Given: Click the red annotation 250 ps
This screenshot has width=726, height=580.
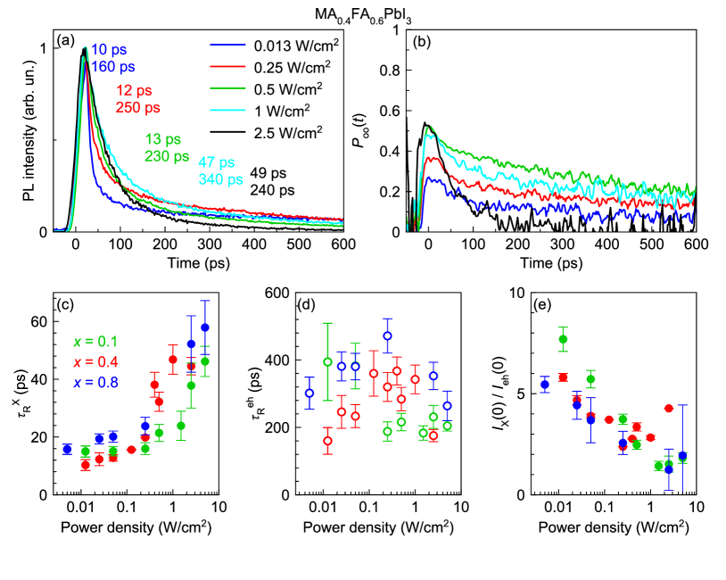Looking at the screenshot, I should pyautogui.click(x=138, y=108).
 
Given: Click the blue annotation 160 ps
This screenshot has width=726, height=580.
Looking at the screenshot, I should pyautogui.click(x=113, y=66).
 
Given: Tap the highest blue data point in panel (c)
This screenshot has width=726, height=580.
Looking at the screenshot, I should pyautogui.click(x=204, y=327).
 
